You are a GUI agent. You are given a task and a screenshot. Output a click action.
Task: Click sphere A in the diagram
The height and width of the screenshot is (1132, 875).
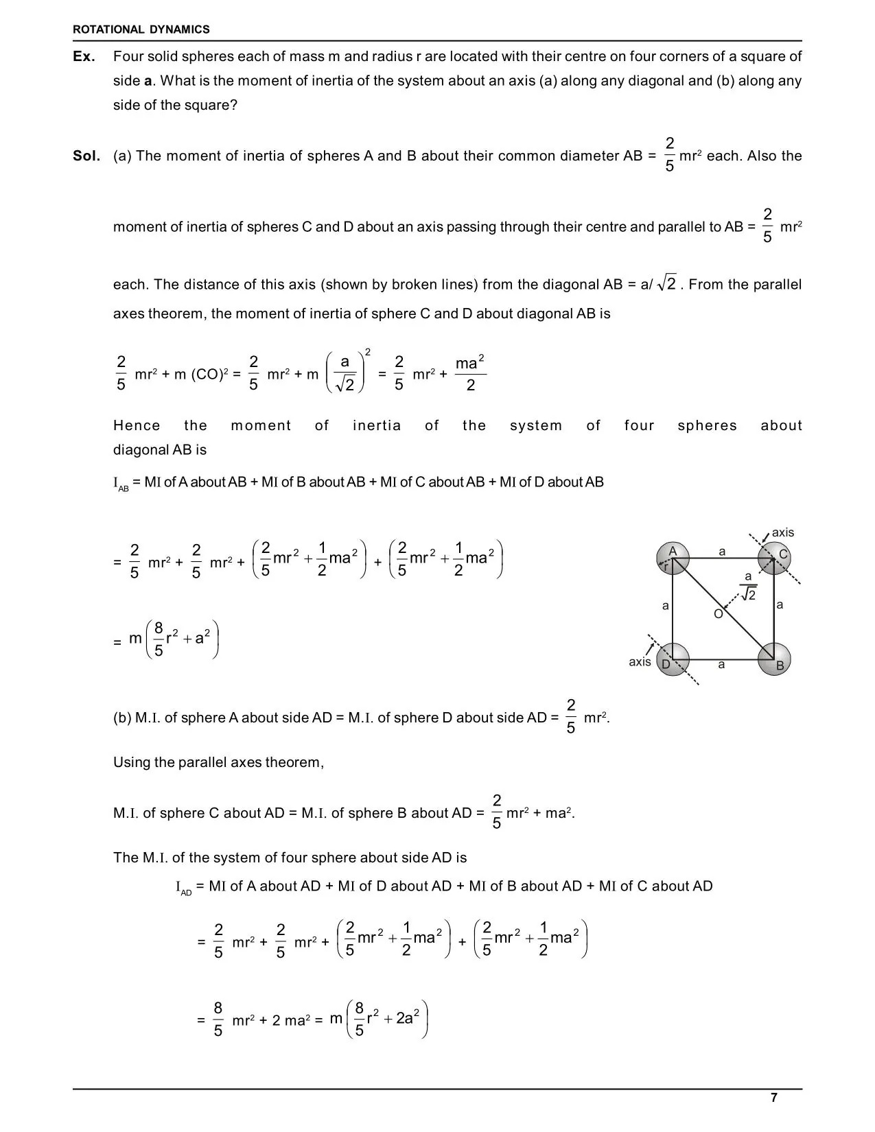(673, 557)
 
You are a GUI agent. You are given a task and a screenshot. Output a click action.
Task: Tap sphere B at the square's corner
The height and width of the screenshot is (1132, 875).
(775, 660)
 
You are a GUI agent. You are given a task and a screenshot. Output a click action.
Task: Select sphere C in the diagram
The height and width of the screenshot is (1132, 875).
(775, 558)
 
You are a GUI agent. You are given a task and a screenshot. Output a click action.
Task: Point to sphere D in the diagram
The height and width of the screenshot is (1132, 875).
(673, 660)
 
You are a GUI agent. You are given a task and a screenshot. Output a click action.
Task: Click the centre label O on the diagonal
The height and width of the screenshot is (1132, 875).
(718, 614)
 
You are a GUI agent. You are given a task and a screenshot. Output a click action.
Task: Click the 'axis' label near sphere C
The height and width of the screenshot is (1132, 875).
(782, 532)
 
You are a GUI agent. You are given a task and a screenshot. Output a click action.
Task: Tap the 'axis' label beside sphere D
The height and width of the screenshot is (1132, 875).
(640, 662)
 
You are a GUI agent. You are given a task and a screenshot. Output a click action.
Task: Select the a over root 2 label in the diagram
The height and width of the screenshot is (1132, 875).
(748, 587)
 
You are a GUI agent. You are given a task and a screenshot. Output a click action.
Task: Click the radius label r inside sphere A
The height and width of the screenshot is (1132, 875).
(666, 567)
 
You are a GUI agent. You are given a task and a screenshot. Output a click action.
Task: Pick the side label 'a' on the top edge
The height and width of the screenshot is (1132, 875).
(722, 551)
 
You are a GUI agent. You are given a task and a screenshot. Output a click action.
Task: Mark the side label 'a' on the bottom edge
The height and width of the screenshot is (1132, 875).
(721, 664)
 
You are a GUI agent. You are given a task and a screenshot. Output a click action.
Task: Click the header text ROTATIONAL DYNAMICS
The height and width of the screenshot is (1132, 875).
(141, 30)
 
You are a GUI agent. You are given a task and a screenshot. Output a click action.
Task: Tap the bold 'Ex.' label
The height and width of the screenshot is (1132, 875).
(84, 56)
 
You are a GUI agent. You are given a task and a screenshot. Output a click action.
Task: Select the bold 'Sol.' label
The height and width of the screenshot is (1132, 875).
(86, 156)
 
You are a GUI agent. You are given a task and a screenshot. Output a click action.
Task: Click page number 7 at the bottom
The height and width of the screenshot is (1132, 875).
(774, 1098)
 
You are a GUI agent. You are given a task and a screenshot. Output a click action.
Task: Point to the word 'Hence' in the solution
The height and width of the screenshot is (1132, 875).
(137, 425)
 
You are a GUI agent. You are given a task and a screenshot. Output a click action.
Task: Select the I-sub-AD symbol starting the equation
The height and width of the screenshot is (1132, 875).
(183, 887)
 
